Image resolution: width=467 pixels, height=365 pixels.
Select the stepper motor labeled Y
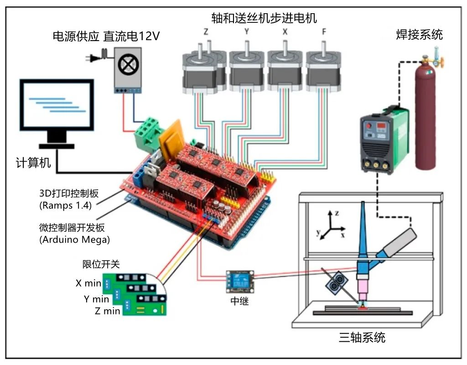[246, 71]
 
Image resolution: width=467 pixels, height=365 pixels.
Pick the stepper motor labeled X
[285, 71]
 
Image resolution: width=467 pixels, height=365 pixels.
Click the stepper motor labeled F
[323, 71]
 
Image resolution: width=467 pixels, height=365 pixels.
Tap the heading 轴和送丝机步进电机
[264, 18]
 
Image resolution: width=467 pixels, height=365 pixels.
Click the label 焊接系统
[419, 34]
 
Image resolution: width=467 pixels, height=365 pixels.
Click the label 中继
[239, 301]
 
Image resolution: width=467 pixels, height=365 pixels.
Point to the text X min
[88, 283]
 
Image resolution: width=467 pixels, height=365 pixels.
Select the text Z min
[108, 311]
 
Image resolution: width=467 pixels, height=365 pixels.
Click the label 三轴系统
[362, 337]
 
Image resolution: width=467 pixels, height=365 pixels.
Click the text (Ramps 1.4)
[65, 205]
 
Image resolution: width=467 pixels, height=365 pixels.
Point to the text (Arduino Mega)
[75, 239]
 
